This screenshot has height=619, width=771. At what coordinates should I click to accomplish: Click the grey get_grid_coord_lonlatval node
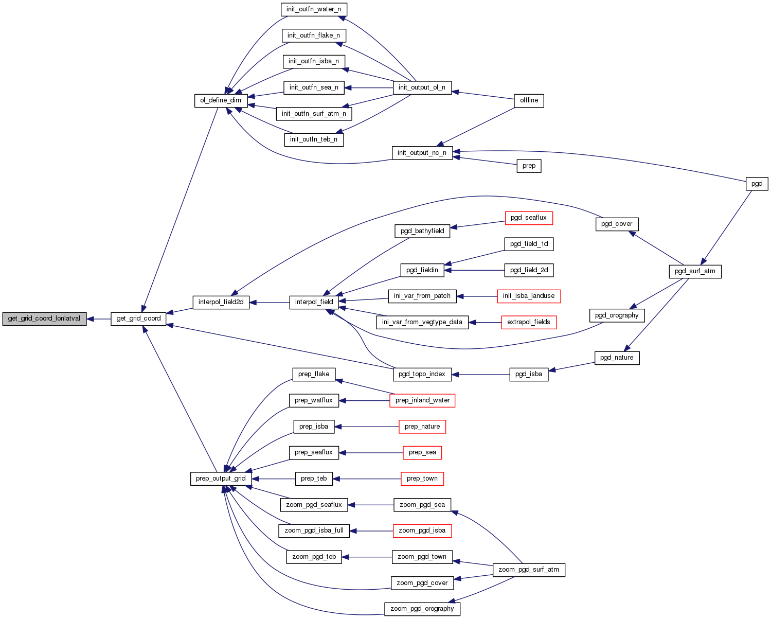[44, 319]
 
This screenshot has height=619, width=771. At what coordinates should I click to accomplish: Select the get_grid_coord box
[138, 319]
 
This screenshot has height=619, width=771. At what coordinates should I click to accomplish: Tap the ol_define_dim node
[221, 100]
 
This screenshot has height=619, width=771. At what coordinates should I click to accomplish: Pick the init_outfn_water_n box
[314, 9]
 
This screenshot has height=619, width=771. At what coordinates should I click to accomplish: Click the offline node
[529, 100]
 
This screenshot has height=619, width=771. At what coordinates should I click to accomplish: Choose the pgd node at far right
[757, 184]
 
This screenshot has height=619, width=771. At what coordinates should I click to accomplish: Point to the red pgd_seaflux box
[529, 218]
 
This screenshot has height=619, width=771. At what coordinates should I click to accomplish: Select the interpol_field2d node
[221, 302]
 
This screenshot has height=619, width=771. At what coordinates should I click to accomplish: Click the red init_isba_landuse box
[529, 296]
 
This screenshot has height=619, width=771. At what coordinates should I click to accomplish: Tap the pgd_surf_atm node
[695, 271]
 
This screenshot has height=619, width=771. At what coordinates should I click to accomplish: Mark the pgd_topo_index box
[422, 374]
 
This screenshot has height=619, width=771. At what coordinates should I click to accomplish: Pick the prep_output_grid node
[221, 479]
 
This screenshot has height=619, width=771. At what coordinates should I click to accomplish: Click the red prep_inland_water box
[422, 400]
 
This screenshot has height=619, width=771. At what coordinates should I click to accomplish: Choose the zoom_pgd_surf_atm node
[529, 570]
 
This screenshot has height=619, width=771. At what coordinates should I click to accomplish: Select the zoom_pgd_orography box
[422, 609]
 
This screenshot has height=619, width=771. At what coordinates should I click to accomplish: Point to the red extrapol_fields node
[529, 322]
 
